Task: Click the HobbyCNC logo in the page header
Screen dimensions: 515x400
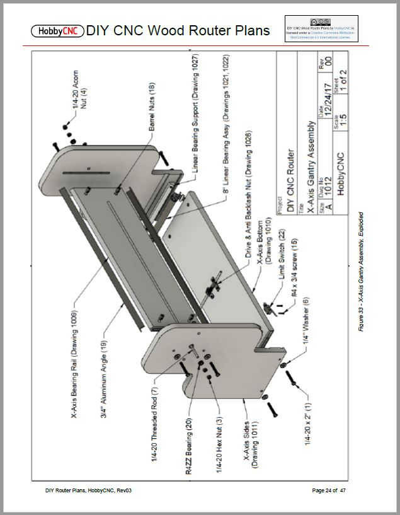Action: [x=57, y=30]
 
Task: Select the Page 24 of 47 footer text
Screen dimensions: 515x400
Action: [x=329, y=490]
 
